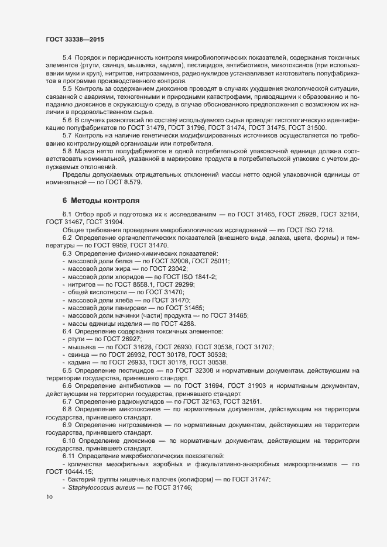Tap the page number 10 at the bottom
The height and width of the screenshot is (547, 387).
49,497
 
